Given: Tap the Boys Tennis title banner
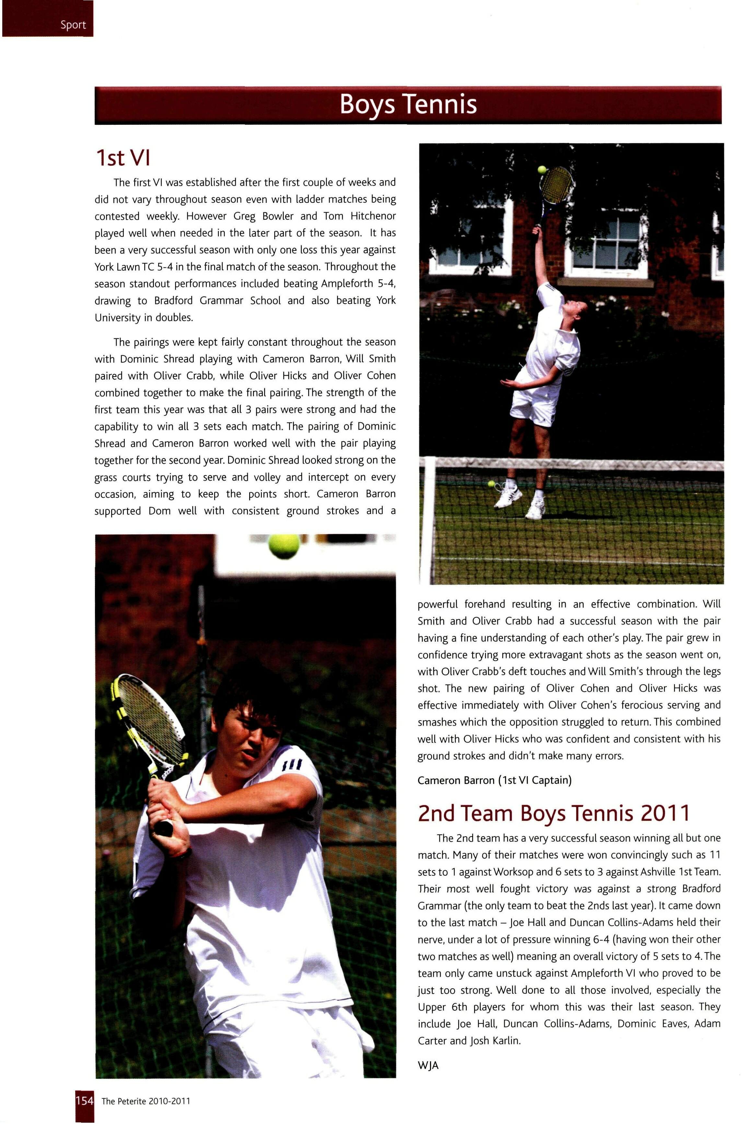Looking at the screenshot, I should pos(408,104).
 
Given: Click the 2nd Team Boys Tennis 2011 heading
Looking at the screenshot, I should pos(554,814).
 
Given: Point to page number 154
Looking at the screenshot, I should pos(84,1101).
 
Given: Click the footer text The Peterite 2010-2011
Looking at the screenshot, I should pos(146,1101).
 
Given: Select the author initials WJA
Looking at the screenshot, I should pos(428,1066).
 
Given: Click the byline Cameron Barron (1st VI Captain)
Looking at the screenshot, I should pos(494,780).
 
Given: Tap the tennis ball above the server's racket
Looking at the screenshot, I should pos(542,170).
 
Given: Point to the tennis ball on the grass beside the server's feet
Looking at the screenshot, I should pos(491,484).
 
